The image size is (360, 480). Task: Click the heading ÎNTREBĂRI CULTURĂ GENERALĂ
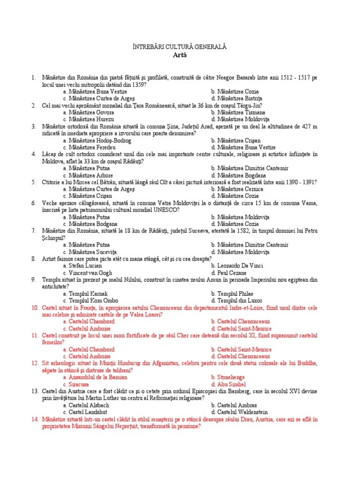(180, 47)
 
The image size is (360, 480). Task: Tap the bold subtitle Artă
(180, 55)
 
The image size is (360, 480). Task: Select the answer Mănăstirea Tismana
(238, 112)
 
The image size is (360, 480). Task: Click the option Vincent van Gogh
(90, 272)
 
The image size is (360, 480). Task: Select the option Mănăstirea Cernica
(237, 189)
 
